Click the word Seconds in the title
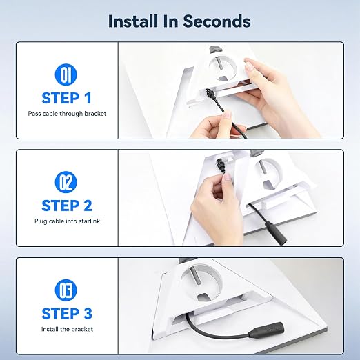pyautogui.click(x=217, y=21)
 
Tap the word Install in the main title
pyautogui.click(x=134, y=21)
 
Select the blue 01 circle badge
pyautogui.click(x=66, y=74)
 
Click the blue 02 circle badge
pyautogui.click(x=66, y=182)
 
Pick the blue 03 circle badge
pyautogui.click(x=66, y=290)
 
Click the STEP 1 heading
pyautogui.click(x=67, y=98)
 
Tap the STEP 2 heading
pyautogui.click(x=67, y=206)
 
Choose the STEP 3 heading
pyautogui.click(x=67, y=314)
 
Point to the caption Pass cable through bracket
pyautogui.click(x=67, y=114)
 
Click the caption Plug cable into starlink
pyautogui.click(x=67, y=221)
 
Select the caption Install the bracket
pyautogui.click(x=67, y=329)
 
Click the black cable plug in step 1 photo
pyautogui.click(x=210, y=94)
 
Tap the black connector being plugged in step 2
pyautogui.click(x=220, y=166)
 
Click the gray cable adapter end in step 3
pyautogui.click(x=272, y=330)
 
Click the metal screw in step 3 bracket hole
pyautogui.click(x=194, y=277)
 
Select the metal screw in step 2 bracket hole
pyautogui.click(x=262, y=168)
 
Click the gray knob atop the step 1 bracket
pyautogui.click(x=215, y=49)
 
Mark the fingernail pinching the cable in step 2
pyautogui.click(x=228, y=177)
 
